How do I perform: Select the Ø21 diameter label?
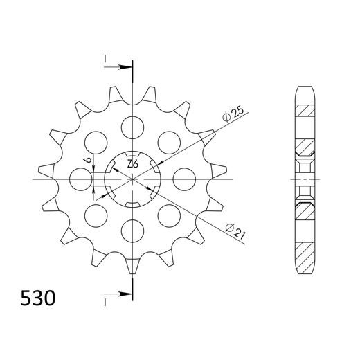(235, 230)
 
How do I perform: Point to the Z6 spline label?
(132, 165)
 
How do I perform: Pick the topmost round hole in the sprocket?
(132, 127)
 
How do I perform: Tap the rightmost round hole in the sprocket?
(183, 179)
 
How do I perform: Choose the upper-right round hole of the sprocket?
(168, 142)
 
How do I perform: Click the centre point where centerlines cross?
(132, 179)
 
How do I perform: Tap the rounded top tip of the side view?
(304, 87)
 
